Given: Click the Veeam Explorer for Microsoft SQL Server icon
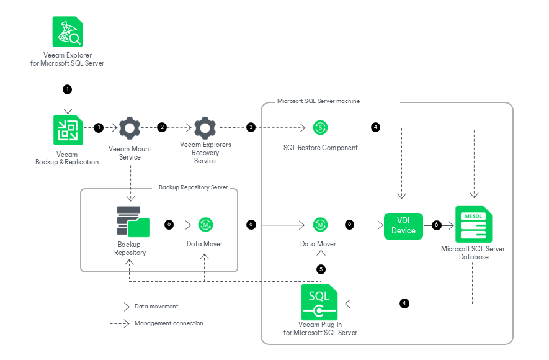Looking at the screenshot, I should coord(68,32).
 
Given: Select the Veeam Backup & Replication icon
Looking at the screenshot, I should coord(68,130).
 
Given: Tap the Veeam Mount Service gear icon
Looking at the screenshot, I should coord(130,128).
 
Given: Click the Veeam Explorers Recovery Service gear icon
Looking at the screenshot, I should coord(205,128).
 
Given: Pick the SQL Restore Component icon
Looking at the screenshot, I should coord(321,128).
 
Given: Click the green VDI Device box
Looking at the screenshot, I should coord(403,225).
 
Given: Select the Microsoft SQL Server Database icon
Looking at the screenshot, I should coord(473,225).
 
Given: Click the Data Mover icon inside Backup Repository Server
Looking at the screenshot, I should coord(205,224).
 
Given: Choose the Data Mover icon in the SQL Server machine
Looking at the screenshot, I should coord(320,224).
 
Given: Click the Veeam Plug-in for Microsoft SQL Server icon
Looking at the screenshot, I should coord(319,302).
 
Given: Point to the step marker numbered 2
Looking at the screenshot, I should coord(162,127).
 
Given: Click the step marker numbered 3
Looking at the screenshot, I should coord(251,127).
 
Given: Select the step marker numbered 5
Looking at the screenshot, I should coord(321,269).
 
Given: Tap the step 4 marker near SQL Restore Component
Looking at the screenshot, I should coord(375,127).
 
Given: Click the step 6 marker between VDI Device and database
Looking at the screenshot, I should coord(436,224).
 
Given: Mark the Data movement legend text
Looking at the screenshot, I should coord(156,307).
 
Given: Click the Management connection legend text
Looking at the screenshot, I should coord(169,323).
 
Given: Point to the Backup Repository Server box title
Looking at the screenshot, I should coord(193,186).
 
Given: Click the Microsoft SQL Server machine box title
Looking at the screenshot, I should coord(318,101).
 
